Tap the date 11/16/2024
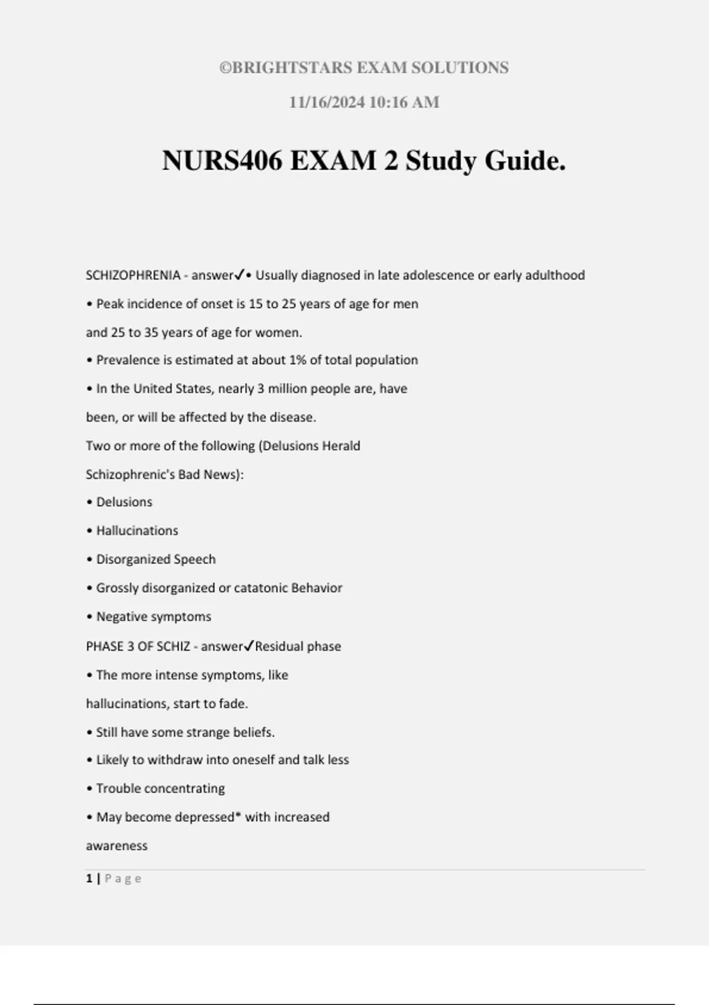(327, 102)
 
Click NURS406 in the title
(222, 161)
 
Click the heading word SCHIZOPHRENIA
(133, 275)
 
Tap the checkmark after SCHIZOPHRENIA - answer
(239, 275)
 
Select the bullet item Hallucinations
(137, 531)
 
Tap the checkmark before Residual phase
(249, 646)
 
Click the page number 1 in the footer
(89, 878)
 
